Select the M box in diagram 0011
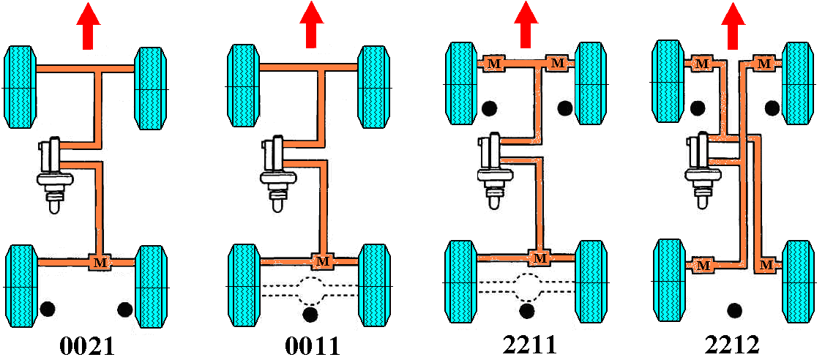pos(324,261)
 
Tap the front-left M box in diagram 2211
pos(494,64)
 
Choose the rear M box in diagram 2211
pos(539,258)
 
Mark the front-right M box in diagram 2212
pos(764,64)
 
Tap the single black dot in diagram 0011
pos(310,315)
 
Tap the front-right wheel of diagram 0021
pos(151,87)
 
